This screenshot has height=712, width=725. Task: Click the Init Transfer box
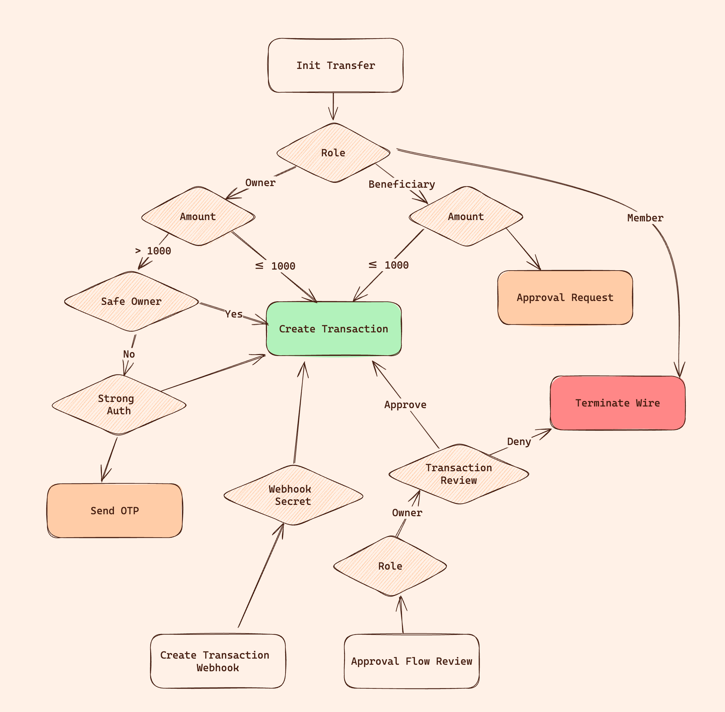coord(335,65)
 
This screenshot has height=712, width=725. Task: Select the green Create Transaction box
coord(333,329)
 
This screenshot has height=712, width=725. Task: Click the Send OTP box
coord(115,510)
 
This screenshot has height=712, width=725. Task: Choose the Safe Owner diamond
coord(131,301)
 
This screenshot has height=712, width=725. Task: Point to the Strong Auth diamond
coord(119,405)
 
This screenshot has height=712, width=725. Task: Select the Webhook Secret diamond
coord(293,495)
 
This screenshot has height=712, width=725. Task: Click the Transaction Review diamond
coord(458,474)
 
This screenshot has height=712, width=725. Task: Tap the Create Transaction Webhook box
coord(217,661)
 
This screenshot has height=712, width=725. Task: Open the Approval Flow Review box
coord(411,661)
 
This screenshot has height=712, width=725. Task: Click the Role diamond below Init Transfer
coord(333,153)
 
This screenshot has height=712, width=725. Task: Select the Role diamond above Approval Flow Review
coord(390,566)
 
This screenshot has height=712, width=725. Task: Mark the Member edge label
coord(645,218)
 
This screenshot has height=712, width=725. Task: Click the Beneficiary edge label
coord(402,184)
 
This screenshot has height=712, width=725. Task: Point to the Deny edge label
coord(519,442)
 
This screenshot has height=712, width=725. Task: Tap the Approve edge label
coord(405,405)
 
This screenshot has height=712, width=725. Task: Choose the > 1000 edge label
coord(153,251)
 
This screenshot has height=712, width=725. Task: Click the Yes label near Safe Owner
coord(234,314)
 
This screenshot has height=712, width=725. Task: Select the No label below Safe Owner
coord(129,354)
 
